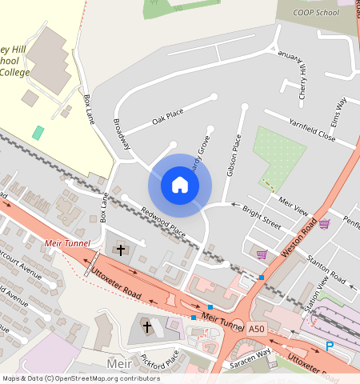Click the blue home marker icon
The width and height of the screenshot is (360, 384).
pos(180,186)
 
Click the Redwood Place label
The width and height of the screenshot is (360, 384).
pos(163,222)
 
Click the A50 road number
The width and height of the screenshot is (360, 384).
pos(256,329)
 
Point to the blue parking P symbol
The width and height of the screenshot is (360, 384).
pos(329,346)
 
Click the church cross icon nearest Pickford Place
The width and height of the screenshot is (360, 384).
pos(146,326)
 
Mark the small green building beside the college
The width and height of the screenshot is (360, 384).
pos(38,132)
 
